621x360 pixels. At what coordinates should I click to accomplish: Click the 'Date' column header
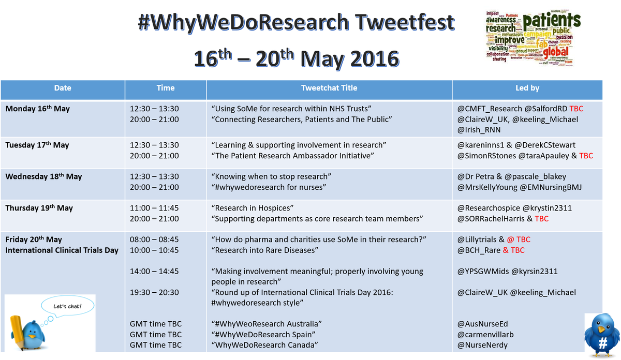(63, 88)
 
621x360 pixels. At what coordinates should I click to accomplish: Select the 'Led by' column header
(527, 88)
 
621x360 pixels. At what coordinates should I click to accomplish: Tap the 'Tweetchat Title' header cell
(329, 88)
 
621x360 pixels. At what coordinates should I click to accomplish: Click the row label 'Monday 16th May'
(37, 109)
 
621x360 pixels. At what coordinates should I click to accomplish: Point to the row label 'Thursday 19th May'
(39, 208)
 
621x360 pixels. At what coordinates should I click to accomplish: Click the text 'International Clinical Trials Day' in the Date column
(62, 250)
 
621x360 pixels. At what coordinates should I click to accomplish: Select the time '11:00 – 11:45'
(154, 208)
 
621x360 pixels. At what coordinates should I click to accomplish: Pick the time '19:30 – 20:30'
(154, 293)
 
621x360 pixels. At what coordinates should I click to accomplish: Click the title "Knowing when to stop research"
(272, 177)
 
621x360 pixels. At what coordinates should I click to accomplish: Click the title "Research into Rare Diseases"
(265, 250)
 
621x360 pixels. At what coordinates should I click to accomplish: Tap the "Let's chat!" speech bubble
(67, 306)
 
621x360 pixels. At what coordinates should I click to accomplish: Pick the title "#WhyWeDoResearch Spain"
(267, 335)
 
